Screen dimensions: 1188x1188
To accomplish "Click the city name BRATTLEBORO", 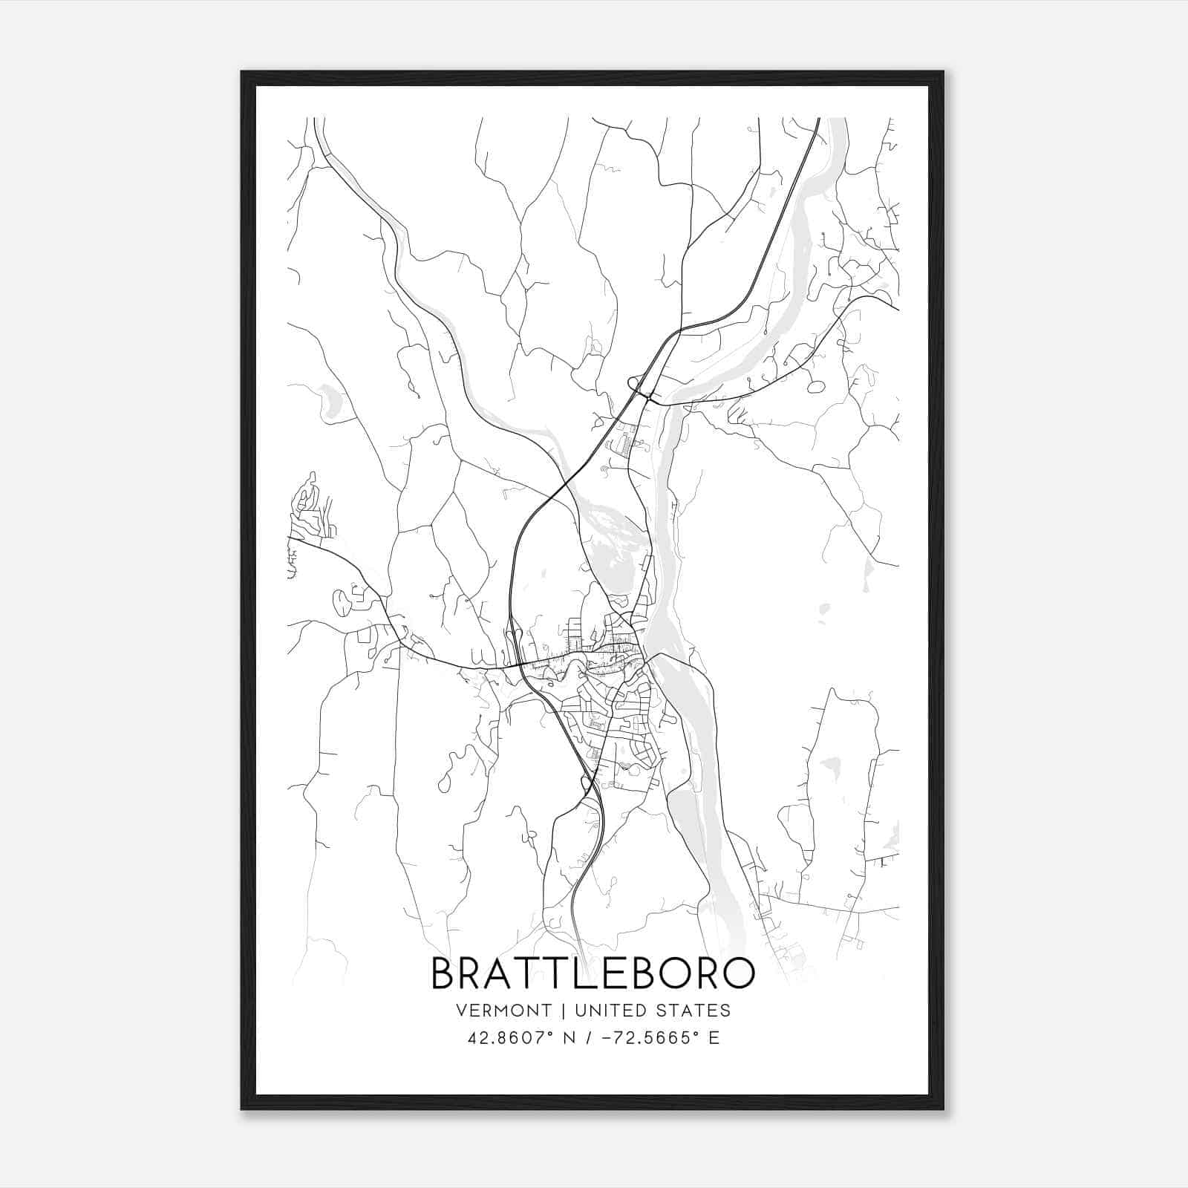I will click(593, 973).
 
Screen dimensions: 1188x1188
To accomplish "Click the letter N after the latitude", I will click(571, 1038).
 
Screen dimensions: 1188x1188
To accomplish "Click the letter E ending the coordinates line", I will click(714, 1038).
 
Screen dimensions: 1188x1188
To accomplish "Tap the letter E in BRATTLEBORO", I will click(619, 973).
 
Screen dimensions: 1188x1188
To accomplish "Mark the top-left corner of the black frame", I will click(242, 72).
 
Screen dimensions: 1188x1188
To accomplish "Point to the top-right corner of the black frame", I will click(943, 72).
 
